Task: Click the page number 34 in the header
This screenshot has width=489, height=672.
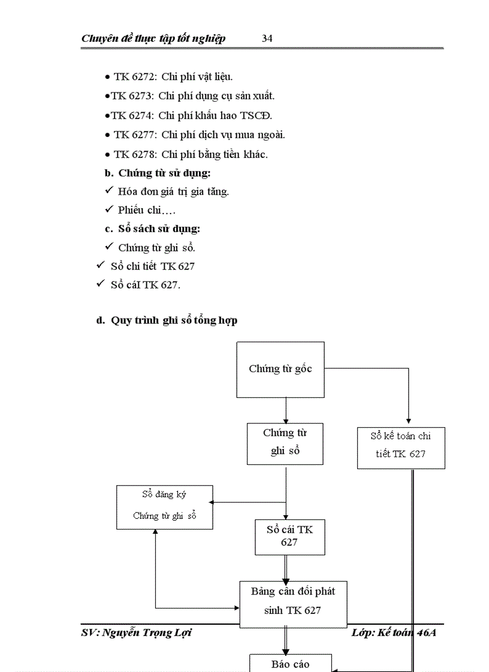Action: click(267, 38)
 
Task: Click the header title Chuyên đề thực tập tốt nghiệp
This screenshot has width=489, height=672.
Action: click(153, 38)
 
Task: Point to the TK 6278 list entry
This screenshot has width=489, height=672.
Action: click(191, 154)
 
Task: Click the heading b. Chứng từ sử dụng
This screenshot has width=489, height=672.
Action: click(158, 173)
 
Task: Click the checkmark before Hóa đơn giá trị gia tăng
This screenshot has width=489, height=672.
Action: click(109, 191)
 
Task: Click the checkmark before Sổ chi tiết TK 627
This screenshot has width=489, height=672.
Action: click(101, 265)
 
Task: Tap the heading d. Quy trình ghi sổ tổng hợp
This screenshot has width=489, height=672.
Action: click(167, 320)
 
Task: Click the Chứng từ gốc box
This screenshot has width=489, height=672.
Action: click(280, 369)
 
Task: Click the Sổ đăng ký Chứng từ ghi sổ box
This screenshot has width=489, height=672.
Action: click(165, 506)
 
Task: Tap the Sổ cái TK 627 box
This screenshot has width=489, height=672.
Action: click(289, 536)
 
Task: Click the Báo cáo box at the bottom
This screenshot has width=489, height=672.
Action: click(291, 664)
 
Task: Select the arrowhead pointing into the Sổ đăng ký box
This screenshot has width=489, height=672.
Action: click(216, 503)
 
